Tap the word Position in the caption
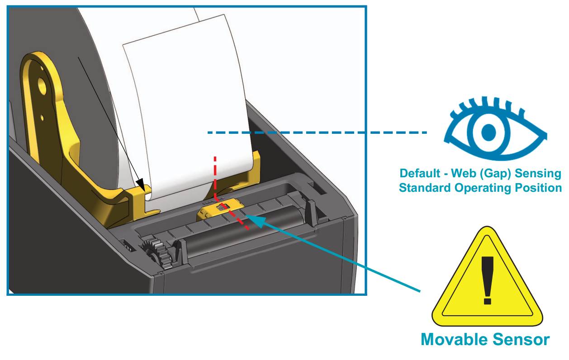pos(538,188)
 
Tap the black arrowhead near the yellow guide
pos(142,184)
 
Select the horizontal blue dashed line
pos(317,133)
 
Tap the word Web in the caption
pos(469,174)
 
